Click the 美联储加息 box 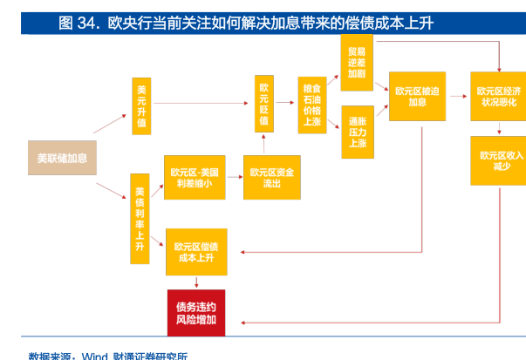click(61, 158)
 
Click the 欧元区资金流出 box click(271, 178)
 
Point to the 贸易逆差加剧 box click(357, 61)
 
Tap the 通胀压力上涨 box click(357, 131)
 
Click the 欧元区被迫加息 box click(416, 96)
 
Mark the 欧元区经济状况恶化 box click(499, 96)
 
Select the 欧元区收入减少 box click(499, 160)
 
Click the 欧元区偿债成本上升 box click(196, 252)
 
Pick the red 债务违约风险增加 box click(196, 312)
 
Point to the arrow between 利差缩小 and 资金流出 click(233, 178)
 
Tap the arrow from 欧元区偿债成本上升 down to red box click(196, 282)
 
